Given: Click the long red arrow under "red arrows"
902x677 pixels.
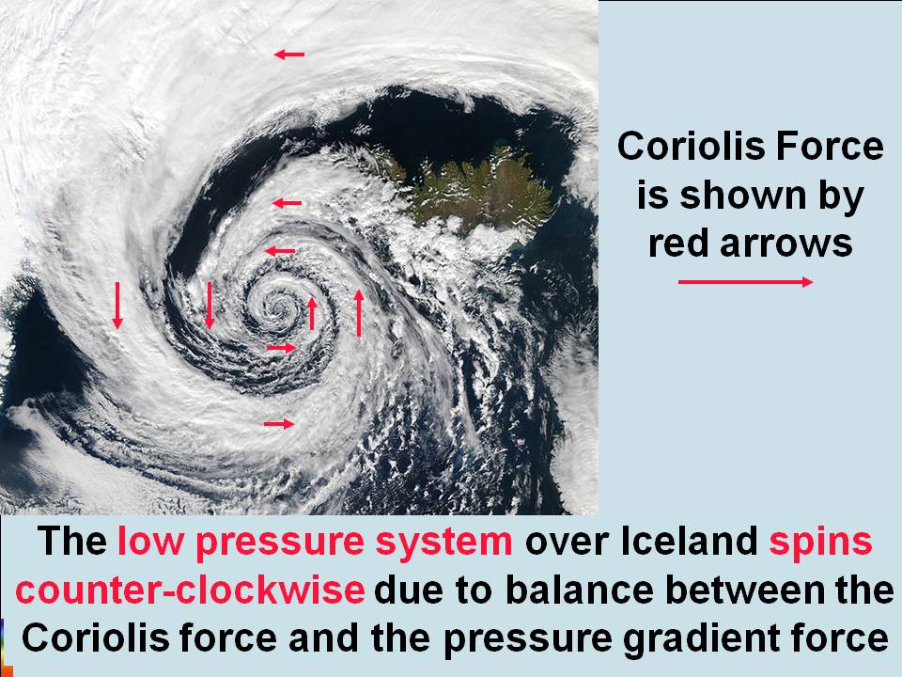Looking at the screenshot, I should pos(745,282).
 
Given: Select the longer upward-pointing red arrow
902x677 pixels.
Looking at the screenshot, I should pos(359,313).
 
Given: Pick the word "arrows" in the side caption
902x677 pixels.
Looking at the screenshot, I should pos(798,244).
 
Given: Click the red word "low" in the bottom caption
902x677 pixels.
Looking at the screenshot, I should pos(149,543).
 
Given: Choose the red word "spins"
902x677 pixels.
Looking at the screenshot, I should pos(820,543).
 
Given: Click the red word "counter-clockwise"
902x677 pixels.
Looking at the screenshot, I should pos(190,590).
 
